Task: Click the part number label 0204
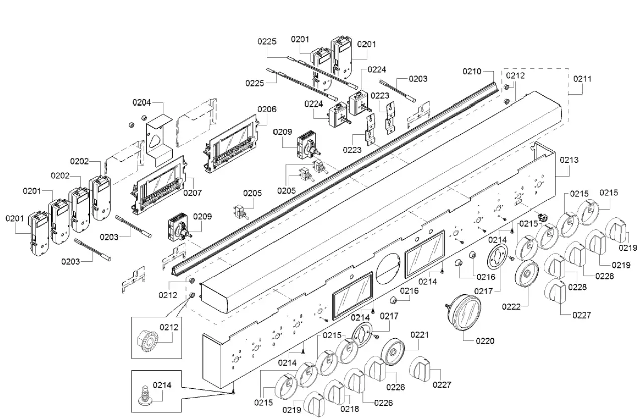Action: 142,103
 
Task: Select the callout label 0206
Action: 267,109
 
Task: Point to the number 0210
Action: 472,71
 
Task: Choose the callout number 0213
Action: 569,160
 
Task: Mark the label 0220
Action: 485,341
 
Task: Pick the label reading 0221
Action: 420,335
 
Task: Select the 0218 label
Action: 350,409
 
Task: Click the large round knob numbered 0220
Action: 464,312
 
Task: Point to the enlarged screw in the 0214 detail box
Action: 144,396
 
